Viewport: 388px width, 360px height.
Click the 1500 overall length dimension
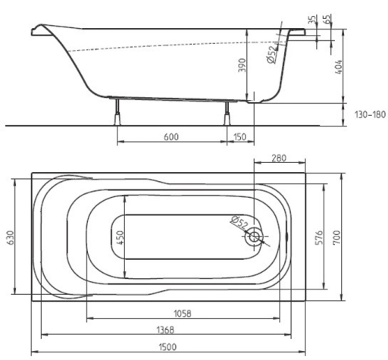[x=167, y=347]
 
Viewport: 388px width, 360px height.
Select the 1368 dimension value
[x=165, y=330]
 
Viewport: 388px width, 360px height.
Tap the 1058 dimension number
[x=183, y=314]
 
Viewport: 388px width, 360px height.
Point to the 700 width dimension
[x=336, y=237]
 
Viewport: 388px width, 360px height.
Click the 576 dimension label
[x=320, y=237]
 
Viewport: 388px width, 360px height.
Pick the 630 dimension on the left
[x=11, y=237]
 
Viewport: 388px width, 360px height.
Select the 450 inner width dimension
[x=120, y=237]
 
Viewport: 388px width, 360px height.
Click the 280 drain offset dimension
[x=279, y=158]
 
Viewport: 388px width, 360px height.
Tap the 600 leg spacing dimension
[x=171, y=137]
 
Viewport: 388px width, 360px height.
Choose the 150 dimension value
[x=239, y=137]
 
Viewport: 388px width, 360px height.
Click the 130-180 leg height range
[x=370, y=114]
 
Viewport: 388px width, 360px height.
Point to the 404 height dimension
[x=338, y=67]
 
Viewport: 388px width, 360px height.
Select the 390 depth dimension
[x=242, y=65]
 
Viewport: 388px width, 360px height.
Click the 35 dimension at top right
[x=312, y=20]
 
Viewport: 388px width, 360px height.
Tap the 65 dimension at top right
[x=327, y=19]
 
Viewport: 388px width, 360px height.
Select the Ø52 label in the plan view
[x=239, y=222]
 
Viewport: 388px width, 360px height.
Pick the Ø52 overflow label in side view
[x=272, y=55]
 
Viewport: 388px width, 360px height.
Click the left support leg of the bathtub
[x=117, y=112]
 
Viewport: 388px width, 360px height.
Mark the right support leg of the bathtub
[x=227, y=113]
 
